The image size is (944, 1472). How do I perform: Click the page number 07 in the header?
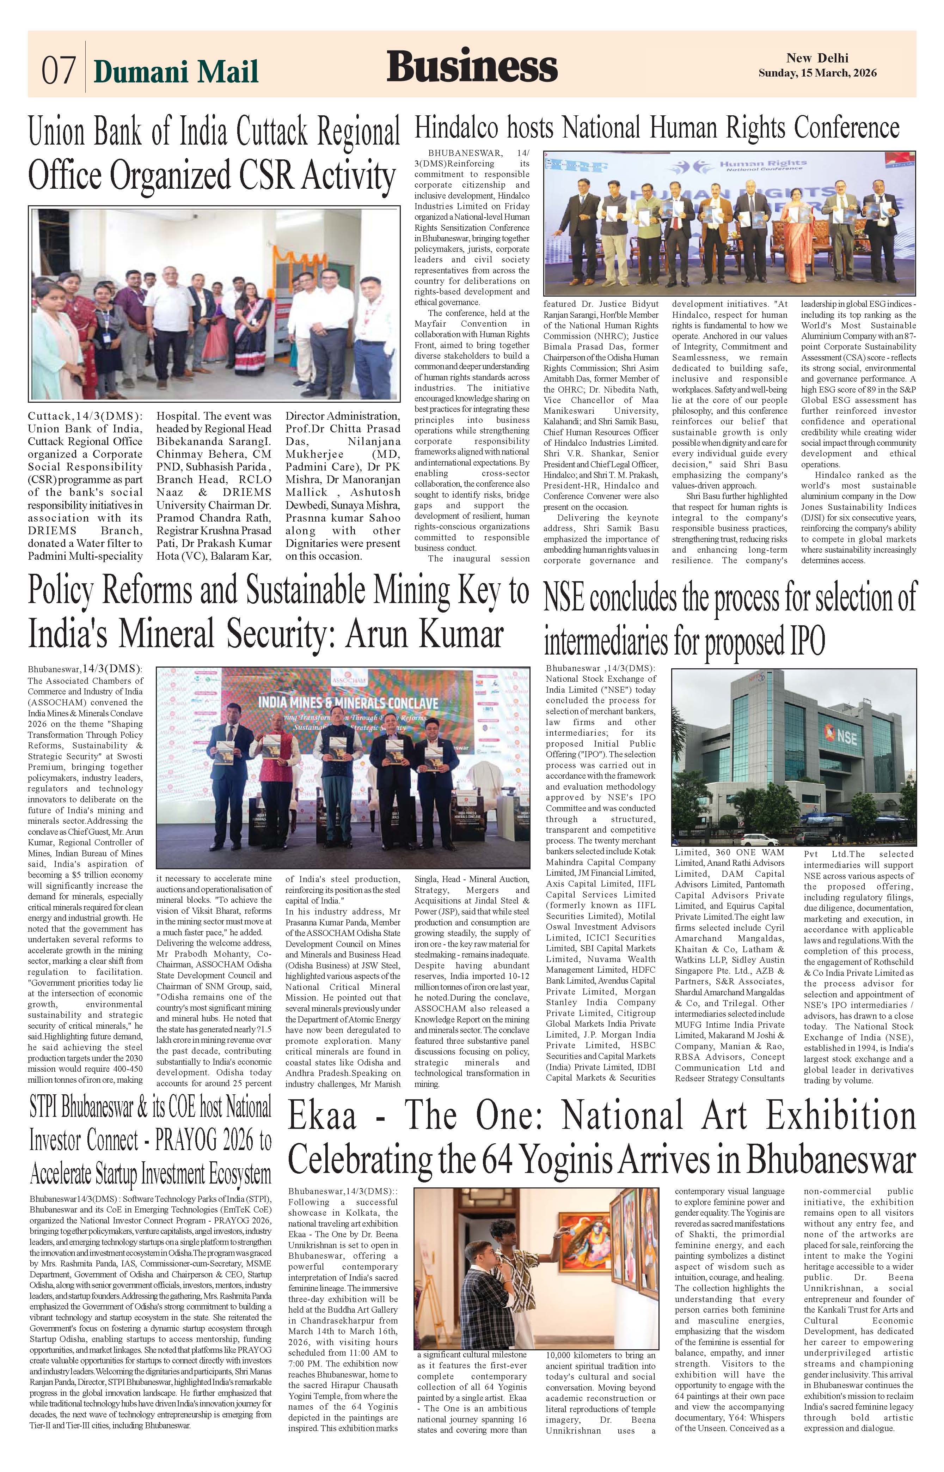58,71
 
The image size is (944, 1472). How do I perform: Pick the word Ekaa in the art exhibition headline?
322,1115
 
